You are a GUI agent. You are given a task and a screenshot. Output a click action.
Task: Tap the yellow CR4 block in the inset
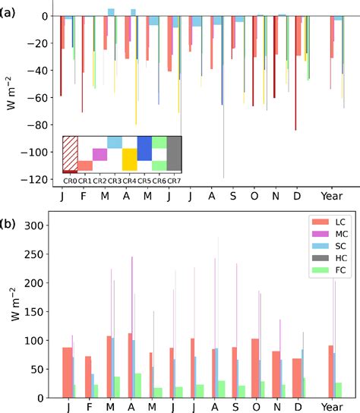129,159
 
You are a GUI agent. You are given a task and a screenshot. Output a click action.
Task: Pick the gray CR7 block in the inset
174,154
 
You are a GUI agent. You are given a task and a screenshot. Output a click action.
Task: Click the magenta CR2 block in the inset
99,154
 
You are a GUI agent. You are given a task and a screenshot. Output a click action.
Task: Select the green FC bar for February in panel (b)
96,391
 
